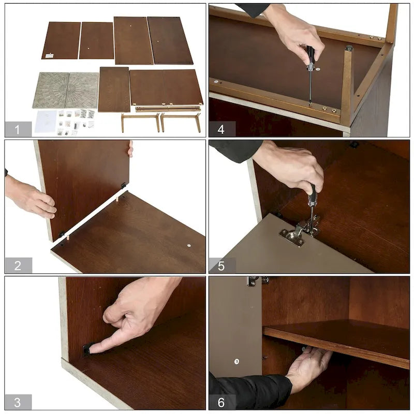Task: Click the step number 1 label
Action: point(17,129)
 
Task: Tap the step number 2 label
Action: point(18,265)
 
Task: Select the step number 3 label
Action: point(18,402)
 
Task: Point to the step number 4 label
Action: point(221,129)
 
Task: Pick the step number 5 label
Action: point(221,266)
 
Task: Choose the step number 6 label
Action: point(221,403)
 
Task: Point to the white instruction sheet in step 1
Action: point(46,122)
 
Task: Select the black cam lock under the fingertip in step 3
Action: point(87,350)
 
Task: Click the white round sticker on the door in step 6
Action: point(236,361)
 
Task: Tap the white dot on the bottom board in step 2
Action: point(189,245)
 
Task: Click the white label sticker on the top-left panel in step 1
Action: point(49,56)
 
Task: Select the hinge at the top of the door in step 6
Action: point(257,281)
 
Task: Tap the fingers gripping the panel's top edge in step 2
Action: point(130,149)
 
